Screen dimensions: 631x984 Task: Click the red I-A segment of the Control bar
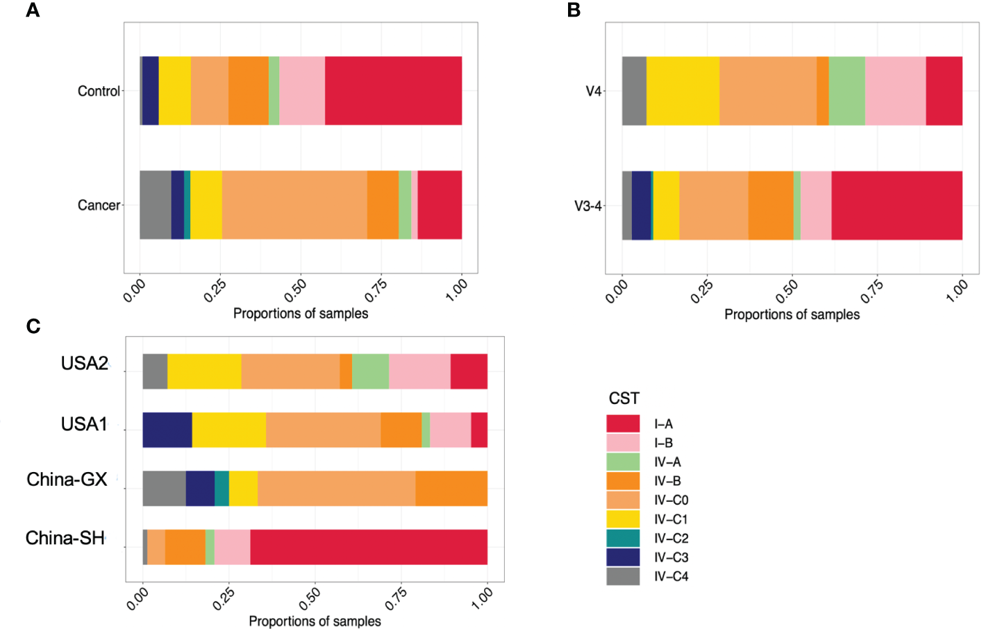[x=393, y=90]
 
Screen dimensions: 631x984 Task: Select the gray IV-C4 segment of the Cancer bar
[x=155, y=205]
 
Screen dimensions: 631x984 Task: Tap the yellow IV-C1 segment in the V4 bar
[x=683, y=90]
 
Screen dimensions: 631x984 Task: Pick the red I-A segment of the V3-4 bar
[x=897, y=205]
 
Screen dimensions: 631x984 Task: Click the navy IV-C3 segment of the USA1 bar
[x=167, y=430]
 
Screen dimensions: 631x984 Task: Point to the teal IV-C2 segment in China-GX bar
[x=222, y=488]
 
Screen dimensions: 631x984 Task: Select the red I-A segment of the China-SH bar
[x=368, y=547]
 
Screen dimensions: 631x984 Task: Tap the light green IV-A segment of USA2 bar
[x=370, y=371]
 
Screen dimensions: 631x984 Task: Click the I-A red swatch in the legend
[x=623, y=423]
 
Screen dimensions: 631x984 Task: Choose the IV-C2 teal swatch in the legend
[x=623, y=538]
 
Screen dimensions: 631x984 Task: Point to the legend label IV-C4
[x=671, y=576]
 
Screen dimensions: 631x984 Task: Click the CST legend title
[x=624, y=398]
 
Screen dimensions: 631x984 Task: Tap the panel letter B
[x=574, y=10]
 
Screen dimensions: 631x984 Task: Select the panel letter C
[x=33, y=326]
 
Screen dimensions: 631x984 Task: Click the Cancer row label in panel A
[x=99, y=205]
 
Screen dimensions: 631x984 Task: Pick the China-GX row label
[x=67, y=480]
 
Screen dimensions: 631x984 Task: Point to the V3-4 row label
[x=587, y=205]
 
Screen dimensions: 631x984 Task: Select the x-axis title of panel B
[x=792, y=314]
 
